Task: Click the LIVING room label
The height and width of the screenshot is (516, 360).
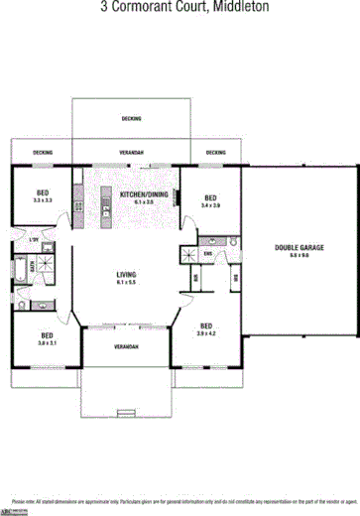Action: (x=126, y=274)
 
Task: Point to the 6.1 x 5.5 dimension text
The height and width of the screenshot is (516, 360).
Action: (x=126, y=283)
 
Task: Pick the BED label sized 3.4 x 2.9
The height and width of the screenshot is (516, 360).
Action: (x=209, y=196)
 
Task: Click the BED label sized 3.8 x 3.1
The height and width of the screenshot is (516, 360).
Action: (x=47, y=335)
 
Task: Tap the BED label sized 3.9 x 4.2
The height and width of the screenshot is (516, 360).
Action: (x=206, y=325)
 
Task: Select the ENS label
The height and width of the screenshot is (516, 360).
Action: (x=208, y=255)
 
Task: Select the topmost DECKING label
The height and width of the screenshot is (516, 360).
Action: (x=131, y=118)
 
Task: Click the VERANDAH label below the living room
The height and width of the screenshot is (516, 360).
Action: (x=125, y=347)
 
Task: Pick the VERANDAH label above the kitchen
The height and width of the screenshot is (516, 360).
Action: (x=131, y=153)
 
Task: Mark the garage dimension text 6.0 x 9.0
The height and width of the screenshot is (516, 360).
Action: (x=299, y=255)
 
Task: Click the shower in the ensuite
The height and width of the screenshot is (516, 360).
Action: (x=187, y=255)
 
